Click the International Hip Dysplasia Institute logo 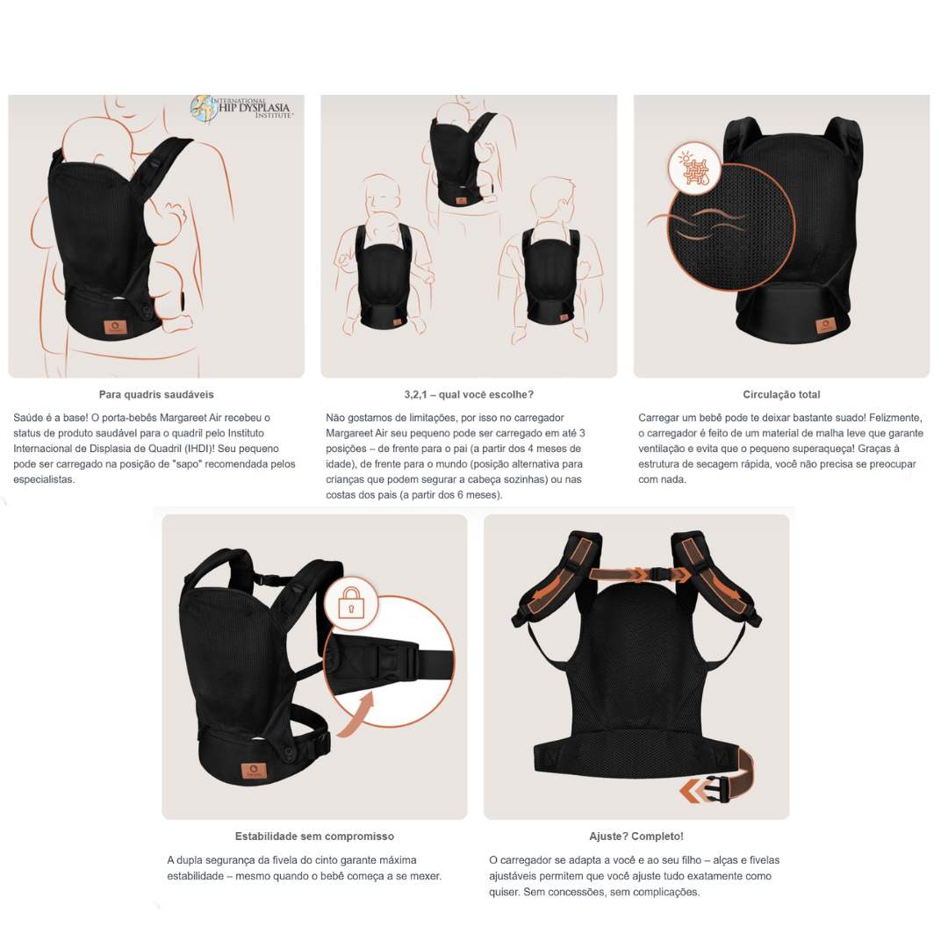point(242,109)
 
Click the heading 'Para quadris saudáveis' point(156,394)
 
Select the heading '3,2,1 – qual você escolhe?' point(469,394)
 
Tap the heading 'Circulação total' point(782,394)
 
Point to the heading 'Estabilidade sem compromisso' point(314,837)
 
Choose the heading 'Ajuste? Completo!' point(636,837)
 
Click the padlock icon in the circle point(351,603)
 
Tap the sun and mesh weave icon point(695,168)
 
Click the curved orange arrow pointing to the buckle point(356,716)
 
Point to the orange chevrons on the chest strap point(640,574)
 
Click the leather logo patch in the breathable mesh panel point(826,326)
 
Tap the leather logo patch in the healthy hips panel point(115,327)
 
